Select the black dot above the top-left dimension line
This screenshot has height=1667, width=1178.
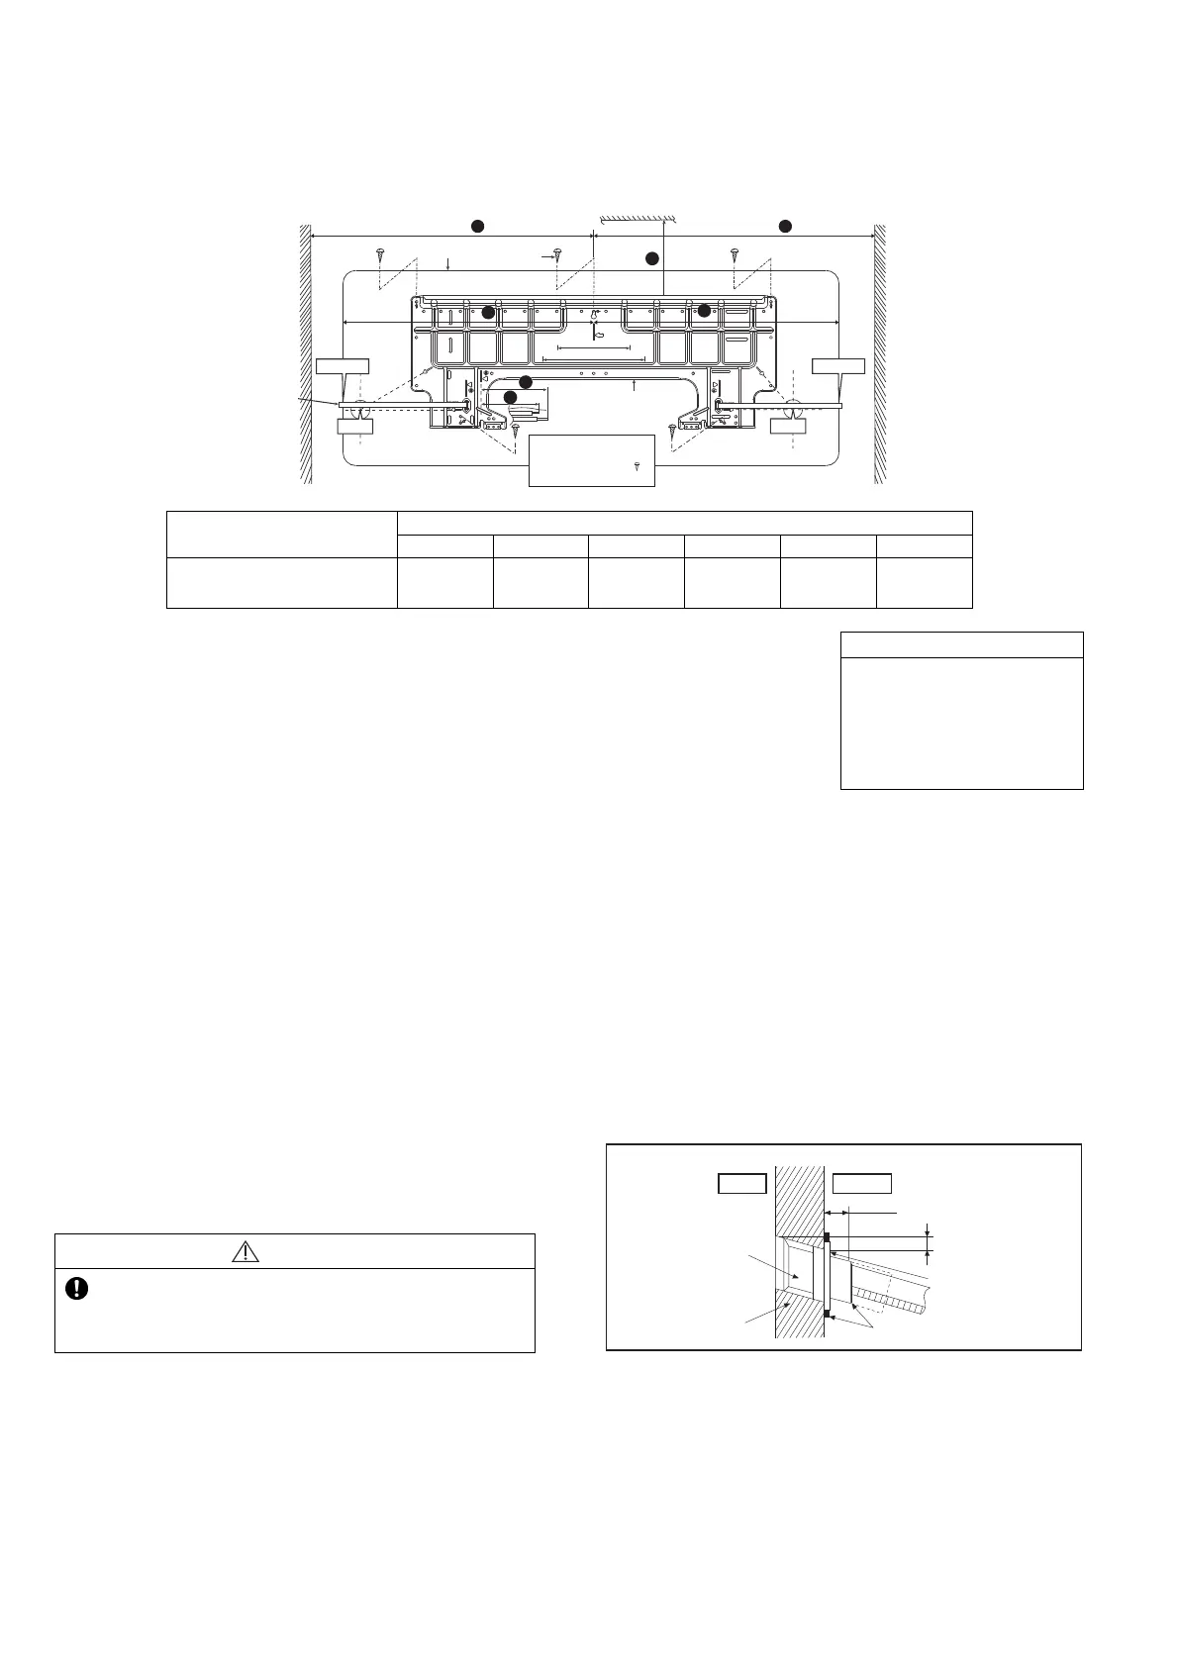(476, 227)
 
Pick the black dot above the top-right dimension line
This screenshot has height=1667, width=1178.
(785, 227)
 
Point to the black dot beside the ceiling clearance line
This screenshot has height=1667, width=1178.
(651, 258)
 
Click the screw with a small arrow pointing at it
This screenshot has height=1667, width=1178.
(558, 255)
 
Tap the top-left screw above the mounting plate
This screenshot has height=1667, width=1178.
(380, 253)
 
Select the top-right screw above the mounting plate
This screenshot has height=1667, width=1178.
(735, 253)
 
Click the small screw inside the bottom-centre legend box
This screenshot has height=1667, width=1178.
(637, 464)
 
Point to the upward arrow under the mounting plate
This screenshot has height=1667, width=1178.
(633, 386)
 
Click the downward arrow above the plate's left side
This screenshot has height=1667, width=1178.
(449, 263)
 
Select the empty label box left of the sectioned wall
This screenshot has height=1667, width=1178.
(741, 1184)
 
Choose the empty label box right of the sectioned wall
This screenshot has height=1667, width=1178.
(861, 1184)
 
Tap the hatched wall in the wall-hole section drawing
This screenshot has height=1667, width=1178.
(800, 1208)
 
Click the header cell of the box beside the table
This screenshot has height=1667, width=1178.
(961, 643)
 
